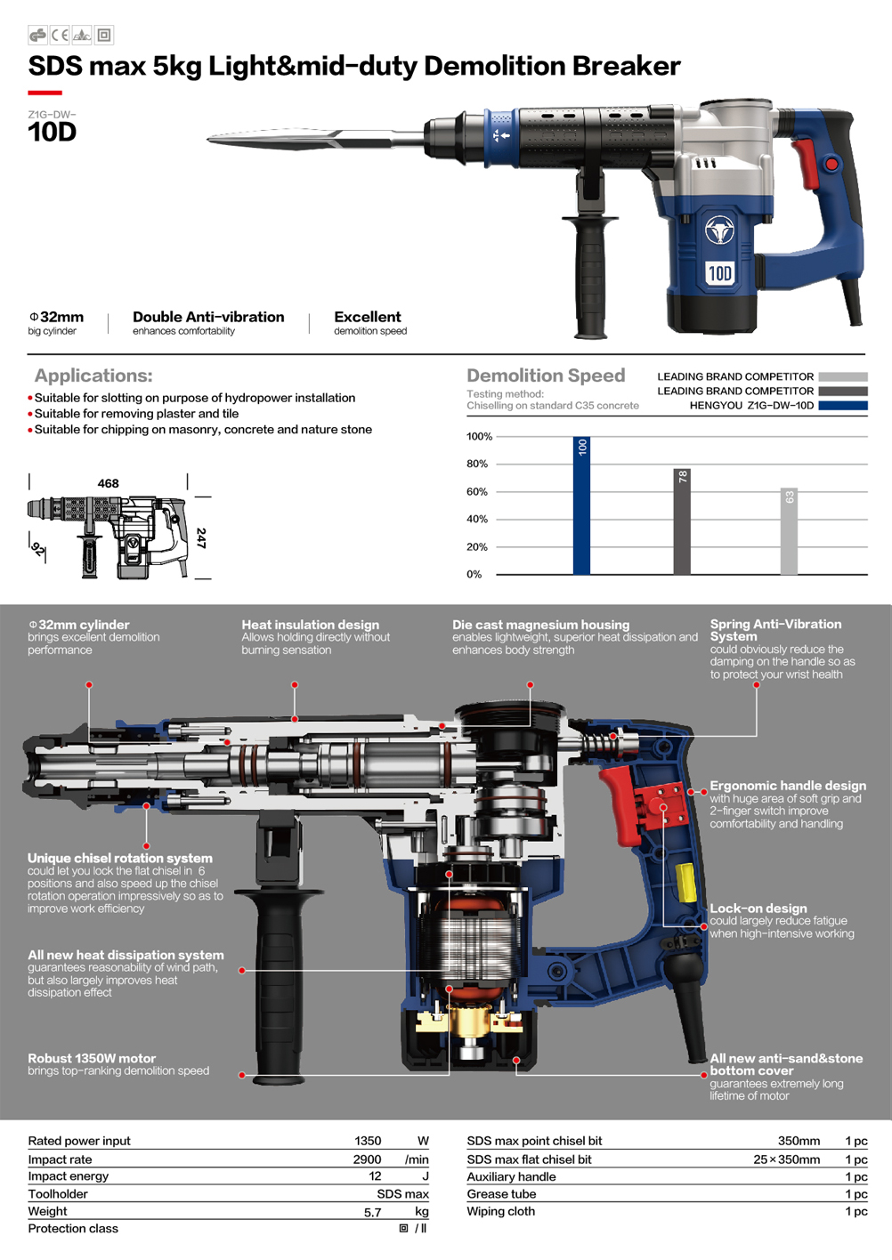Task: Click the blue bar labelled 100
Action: coord(581,505)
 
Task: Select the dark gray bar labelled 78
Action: coord(682,521)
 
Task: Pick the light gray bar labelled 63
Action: coord(789,531)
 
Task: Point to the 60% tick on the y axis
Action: coord(476,491)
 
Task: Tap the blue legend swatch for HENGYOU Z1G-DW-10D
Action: coord(842,406)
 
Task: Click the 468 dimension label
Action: coord(108,483)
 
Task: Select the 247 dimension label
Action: coord(201,537)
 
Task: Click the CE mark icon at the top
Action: coord(60,36)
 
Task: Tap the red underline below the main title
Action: coord(45,93)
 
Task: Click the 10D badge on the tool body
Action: coord(720,273)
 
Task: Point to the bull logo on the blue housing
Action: coord(720,230)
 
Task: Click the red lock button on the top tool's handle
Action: coord(831,165)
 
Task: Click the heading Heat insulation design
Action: coord(310,625)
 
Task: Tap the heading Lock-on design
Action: coord(758,908)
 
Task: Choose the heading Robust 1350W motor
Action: coord(92,1058)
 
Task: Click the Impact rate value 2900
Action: coord(367,1159)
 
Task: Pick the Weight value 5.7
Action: coord(373,1212)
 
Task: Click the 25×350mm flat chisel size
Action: coord(786,1159)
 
